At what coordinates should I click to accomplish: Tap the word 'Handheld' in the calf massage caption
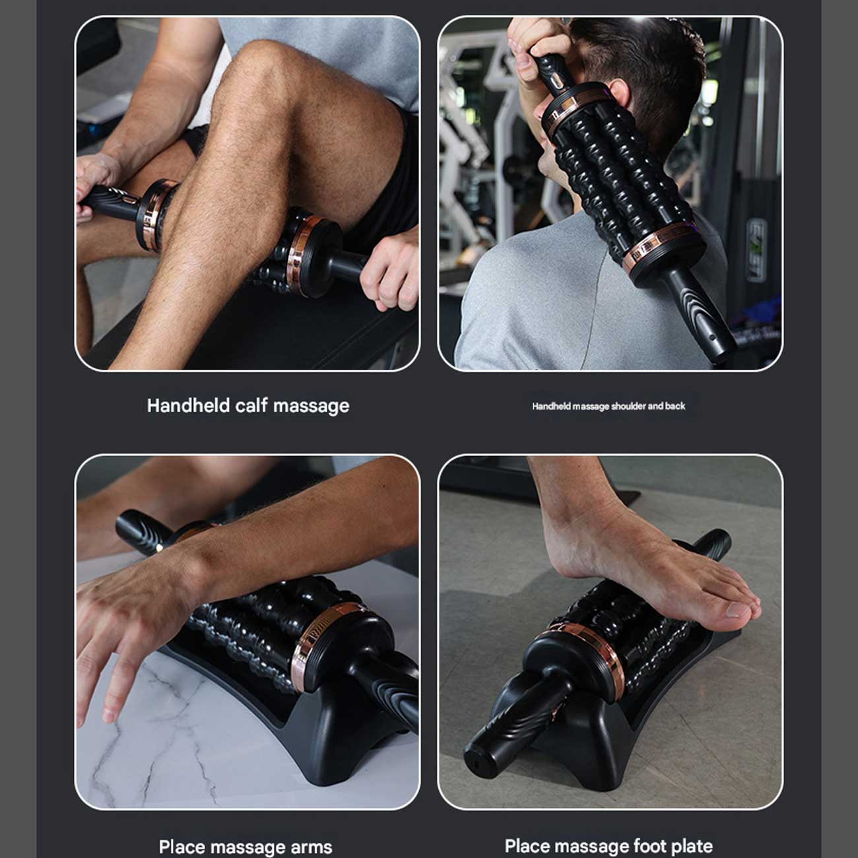tap(188, 406)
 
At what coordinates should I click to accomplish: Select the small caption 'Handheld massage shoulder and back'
tap(609, 406)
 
